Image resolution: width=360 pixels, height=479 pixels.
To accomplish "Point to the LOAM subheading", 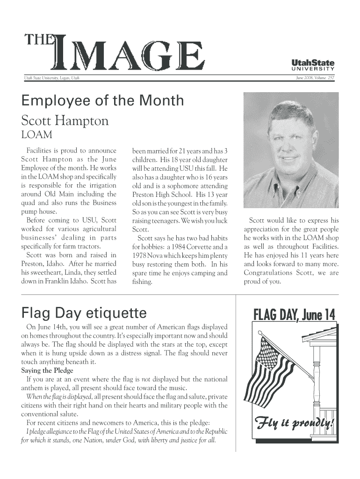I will pyautogui.click(x=36, y=136).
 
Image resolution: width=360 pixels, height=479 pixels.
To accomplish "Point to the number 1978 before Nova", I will pyautogui.click(x=141, y=255).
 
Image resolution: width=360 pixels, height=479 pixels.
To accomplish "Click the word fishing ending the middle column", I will pyautogui.click(x=142, y=282).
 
